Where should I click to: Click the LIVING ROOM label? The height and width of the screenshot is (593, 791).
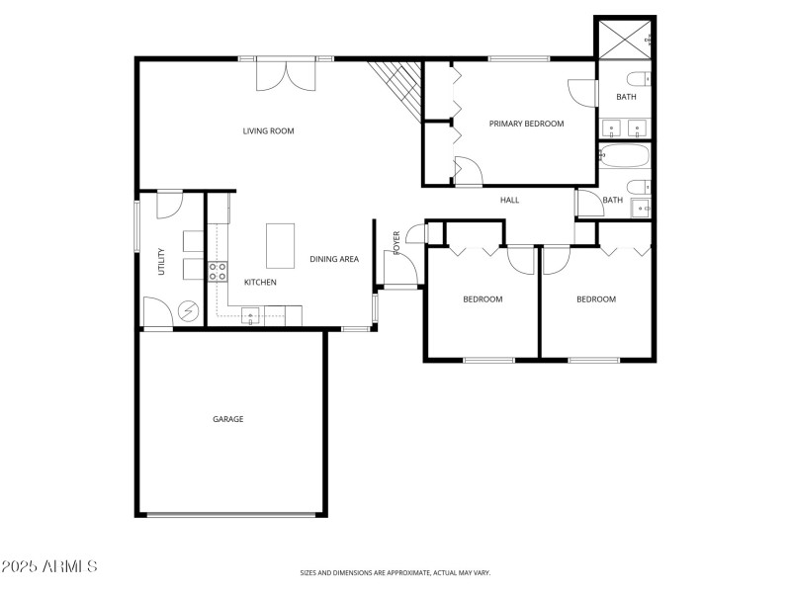[268, 130]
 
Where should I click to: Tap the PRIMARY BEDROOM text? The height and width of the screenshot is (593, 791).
[526, 124]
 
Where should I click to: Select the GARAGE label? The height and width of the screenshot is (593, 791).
[227, 419]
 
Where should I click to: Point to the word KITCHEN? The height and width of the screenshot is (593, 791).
[260, 283]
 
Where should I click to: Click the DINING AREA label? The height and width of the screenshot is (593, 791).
[334, 259]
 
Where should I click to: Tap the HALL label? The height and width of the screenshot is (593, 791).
[509, 201]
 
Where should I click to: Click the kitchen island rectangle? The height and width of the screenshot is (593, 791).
[281, 245]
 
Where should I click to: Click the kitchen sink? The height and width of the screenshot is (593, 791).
[251, 316]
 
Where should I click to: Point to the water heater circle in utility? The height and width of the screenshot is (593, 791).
[187, 312]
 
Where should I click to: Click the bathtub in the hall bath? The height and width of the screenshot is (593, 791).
[624, 156]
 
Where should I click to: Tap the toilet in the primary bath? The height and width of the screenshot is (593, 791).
[639, 78]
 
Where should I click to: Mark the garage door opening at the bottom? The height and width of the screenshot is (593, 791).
[234, 515]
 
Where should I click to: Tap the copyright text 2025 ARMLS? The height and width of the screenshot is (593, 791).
[49, 566]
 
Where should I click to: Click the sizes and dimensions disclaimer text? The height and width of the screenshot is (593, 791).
[395, 572]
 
